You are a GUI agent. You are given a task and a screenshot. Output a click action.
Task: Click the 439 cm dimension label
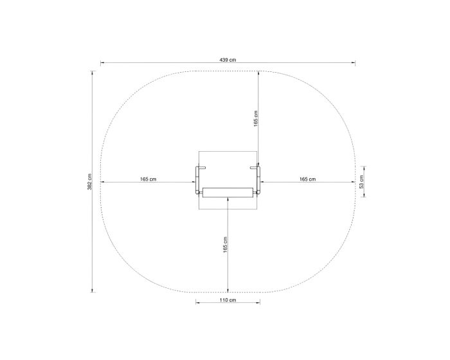tap(228, 59)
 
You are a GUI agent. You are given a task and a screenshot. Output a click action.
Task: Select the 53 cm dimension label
tap(361, 180)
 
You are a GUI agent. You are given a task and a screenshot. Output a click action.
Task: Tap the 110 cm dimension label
tap(228, 300)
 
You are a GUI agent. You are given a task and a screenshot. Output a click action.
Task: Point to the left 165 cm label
tap(148, 179)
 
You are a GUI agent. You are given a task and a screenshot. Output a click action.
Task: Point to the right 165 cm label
tap(307, 179)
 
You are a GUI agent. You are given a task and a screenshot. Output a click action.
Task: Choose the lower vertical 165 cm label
tap(225, 244)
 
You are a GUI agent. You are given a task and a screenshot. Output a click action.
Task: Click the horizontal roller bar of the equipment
tap(228, 192)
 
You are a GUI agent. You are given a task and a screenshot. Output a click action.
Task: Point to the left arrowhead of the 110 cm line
tap(198, 304)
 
